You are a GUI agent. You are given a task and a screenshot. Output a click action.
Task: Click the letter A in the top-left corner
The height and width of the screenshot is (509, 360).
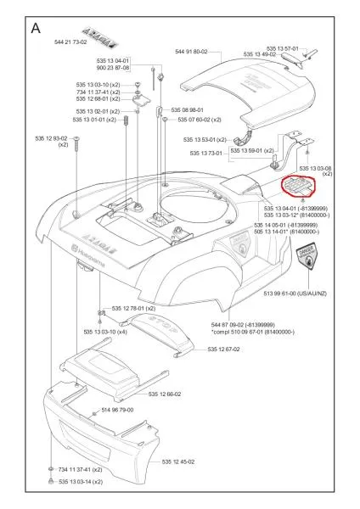tap(37, 27)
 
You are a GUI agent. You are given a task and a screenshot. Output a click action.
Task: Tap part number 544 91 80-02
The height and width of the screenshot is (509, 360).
tap(191, 52)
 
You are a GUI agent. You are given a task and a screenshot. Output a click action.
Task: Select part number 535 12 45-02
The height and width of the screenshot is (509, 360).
tap(180, 461)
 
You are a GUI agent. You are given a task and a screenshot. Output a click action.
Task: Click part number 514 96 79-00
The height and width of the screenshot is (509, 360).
tap(117, 410)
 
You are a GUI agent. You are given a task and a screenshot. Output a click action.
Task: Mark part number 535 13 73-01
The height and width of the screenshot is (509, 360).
tap(204, 154)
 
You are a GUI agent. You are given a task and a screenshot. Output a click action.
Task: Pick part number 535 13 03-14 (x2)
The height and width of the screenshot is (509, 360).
tap(81, 482)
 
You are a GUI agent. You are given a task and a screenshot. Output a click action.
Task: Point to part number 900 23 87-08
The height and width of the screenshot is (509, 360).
tap(112, 68)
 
